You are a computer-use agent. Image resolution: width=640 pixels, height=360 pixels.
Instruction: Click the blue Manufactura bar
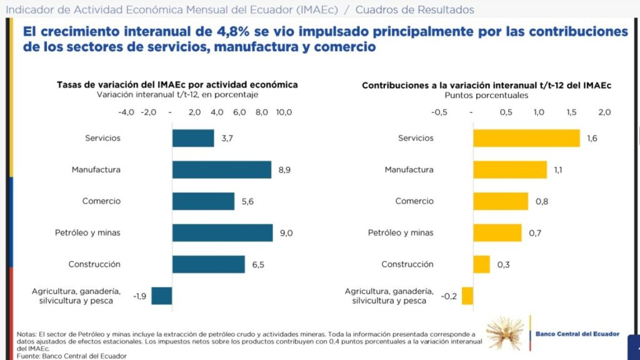click(222, 170)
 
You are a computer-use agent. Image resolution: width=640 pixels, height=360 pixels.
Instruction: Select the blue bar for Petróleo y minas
click(222, 232)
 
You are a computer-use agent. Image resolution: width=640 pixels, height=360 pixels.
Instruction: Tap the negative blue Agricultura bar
click(162, 296)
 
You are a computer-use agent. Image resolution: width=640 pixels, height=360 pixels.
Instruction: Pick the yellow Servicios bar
click(526, 138)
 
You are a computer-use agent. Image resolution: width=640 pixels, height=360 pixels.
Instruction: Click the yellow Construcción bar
click(482, 264)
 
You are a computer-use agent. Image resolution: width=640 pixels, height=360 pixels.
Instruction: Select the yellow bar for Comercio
click(501, 201)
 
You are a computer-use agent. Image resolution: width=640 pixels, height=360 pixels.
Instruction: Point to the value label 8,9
click(284, 170)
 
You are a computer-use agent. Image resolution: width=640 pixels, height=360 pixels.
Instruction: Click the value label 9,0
click(286, 233)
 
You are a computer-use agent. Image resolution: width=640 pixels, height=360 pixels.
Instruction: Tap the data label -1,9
click(139, 296)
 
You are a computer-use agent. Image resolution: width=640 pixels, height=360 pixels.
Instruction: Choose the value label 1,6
click(592, 138)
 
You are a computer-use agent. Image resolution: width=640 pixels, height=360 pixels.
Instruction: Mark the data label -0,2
click(449, 296)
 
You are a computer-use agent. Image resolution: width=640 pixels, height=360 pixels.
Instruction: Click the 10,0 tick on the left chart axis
click(284, 112)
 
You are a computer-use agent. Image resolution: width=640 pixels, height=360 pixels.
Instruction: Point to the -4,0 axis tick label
click(126, 112)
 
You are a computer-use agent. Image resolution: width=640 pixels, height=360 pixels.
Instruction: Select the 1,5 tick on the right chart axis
click(571, 112)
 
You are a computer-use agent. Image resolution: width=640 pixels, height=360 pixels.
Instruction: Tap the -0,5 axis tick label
click(439, 112)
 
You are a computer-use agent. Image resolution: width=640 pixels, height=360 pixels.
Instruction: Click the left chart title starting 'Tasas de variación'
click(177, 85)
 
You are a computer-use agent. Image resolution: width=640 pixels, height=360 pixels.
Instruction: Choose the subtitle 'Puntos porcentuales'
click(486, 96)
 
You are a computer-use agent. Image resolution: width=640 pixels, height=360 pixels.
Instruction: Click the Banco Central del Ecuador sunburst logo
click(505, 334)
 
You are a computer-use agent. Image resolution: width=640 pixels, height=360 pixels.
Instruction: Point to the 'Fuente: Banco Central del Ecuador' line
click(71, 356)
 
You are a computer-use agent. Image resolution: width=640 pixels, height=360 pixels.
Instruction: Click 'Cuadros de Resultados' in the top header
click(415, 9)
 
